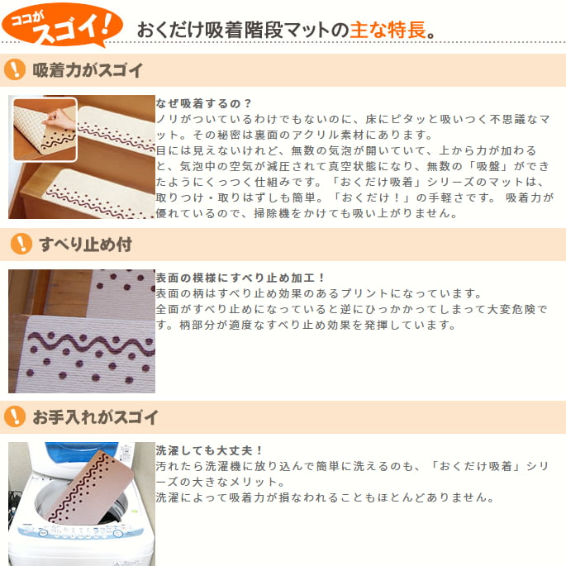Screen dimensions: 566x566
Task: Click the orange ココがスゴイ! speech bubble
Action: (x=62, y=25)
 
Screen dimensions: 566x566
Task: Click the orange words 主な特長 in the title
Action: (x=388, y=30)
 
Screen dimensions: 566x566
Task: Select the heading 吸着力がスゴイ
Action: (x=88, y=70)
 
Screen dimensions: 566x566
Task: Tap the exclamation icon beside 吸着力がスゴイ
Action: (x=15, y=69)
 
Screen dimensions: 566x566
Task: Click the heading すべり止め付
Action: (x=86, y=245)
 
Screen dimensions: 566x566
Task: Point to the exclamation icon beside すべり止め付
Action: (x=21, y=244)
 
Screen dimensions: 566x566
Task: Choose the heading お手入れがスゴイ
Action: (x=95, y=417)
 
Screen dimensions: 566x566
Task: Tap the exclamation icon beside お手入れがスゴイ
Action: (x=15, y=416)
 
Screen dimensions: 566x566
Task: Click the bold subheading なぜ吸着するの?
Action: (x=204, y=103)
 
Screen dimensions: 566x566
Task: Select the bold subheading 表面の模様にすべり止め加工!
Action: (x=240, y=278)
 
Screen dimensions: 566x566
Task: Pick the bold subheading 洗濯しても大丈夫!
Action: (x=209, y=450)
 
